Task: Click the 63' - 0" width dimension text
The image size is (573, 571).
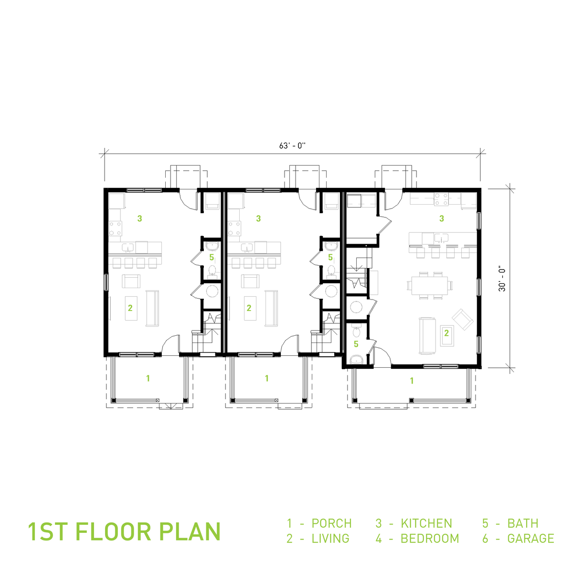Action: point(292,145)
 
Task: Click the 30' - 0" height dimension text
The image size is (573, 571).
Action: point(502,279)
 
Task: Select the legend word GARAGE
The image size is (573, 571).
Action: point(531,539)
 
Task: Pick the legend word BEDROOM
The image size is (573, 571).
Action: point(430,539)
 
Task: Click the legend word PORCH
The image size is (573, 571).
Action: point(331,523)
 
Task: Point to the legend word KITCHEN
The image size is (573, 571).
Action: point(426,523)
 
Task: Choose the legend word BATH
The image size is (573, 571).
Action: point(523,523)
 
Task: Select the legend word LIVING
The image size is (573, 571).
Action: point(330,539)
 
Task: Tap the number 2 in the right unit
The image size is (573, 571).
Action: point(446,333)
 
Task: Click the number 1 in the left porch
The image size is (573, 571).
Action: point(148,378)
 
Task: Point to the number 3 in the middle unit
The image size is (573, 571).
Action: point(258,218)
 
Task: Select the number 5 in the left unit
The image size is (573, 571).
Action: point(212,257)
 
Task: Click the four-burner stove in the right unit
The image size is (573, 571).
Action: point(441,199)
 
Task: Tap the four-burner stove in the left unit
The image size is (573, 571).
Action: point(115,228)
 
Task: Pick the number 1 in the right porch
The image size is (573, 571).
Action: point(412,380)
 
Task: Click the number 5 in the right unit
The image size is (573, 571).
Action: point(356,343)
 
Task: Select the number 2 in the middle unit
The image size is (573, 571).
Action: point(249,308)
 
